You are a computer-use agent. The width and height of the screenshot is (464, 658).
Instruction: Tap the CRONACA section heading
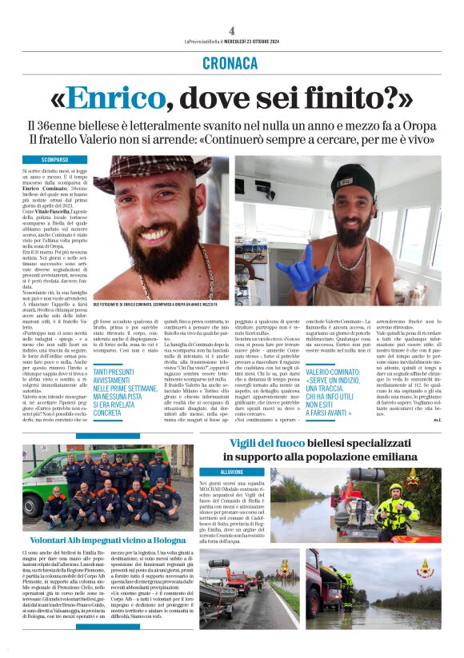click(231, 62)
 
